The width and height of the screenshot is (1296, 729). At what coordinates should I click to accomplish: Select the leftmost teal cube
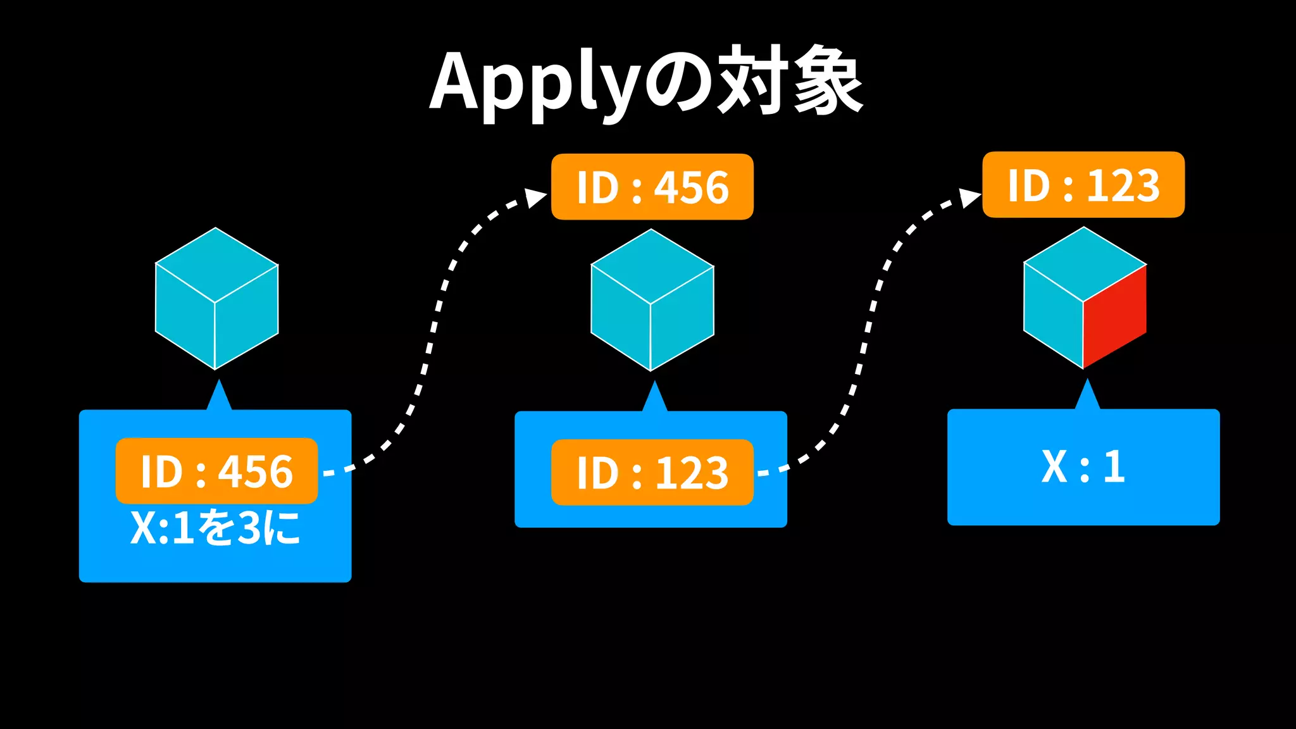tap(216, 299)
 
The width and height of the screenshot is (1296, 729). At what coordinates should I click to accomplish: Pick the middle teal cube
tap(652, 300)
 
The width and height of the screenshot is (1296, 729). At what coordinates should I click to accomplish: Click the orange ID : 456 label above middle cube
tap(652, 187)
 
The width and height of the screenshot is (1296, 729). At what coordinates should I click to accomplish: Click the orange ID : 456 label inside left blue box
tap(216, 471)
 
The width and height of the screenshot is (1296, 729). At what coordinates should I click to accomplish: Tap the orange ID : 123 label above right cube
tap(1083, 185)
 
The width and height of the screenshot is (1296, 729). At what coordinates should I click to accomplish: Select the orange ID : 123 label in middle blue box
tap(652, 473)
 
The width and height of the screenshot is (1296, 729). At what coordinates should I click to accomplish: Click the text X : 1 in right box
tap(1083, 467)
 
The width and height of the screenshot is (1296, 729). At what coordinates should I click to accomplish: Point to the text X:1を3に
tap(215, 528)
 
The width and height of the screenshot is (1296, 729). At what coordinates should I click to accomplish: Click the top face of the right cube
tap(1085, 263)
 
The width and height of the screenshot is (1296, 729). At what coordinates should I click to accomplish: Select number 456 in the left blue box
tap(256, 471)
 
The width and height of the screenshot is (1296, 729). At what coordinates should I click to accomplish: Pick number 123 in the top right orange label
tap(1123, 185)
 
